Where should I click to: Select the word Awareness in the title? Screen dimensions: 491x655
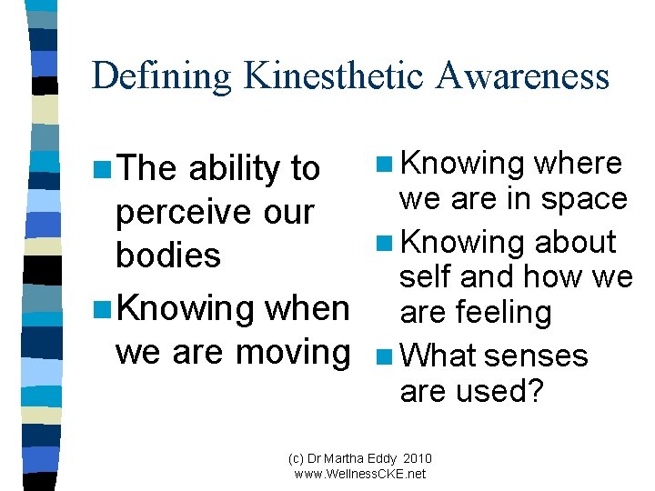[522, 75]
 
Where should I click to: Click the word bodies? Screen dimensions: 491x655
[168, 256]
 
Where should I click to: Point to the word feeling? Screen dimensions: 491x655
[503, 312]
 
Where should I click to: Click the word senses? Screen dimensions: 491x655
[536, 356]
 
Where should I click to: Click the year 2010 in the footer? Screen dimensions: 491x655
[417, 459]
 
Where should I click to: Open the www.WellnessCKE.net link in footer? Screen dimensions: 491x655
[360, 474]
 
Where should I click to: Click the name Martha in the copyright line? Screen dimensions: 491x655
[345, 459]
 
